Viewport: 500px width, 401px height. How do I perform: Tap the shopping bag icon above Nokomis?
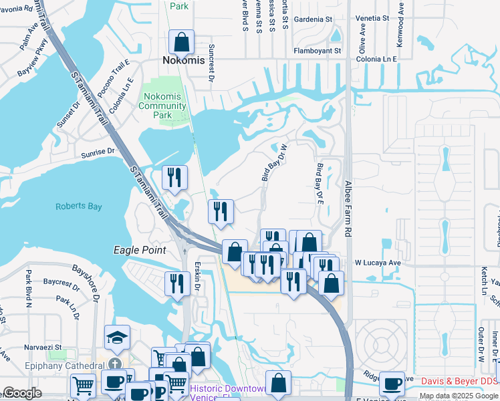[x=181, y=43]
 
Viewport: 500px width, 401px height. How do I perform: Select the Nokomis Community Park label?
[x=162, y=106]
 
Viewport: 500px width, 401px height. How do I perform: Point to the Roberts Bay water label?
[x=79, y=207]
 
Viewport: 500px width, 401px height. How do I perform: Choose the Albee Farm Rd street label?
[x=348, y=209]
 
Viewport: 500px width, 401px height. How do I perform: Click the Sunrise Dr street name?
[x=98, y=152]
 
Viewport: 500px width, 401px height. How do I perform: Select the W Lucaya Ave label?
[x=378, y=263]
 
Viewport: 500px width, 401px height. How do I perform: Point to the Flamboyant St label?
[x=318, y=50]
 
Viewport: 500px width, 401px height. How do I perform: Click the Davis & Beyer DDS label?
[x=460, y=382]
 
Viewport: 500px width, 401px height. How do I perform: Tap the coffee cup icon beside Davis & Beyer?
[x=392, y=384]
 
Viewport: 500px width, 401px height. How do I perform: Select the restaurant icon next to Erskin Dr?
[x=177, y=283]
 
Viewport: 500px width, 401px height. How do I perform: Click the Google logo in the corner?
[x=23, y=393]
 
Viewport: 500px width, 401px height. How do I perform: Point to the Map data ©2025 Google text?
[x=459, y=396]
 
